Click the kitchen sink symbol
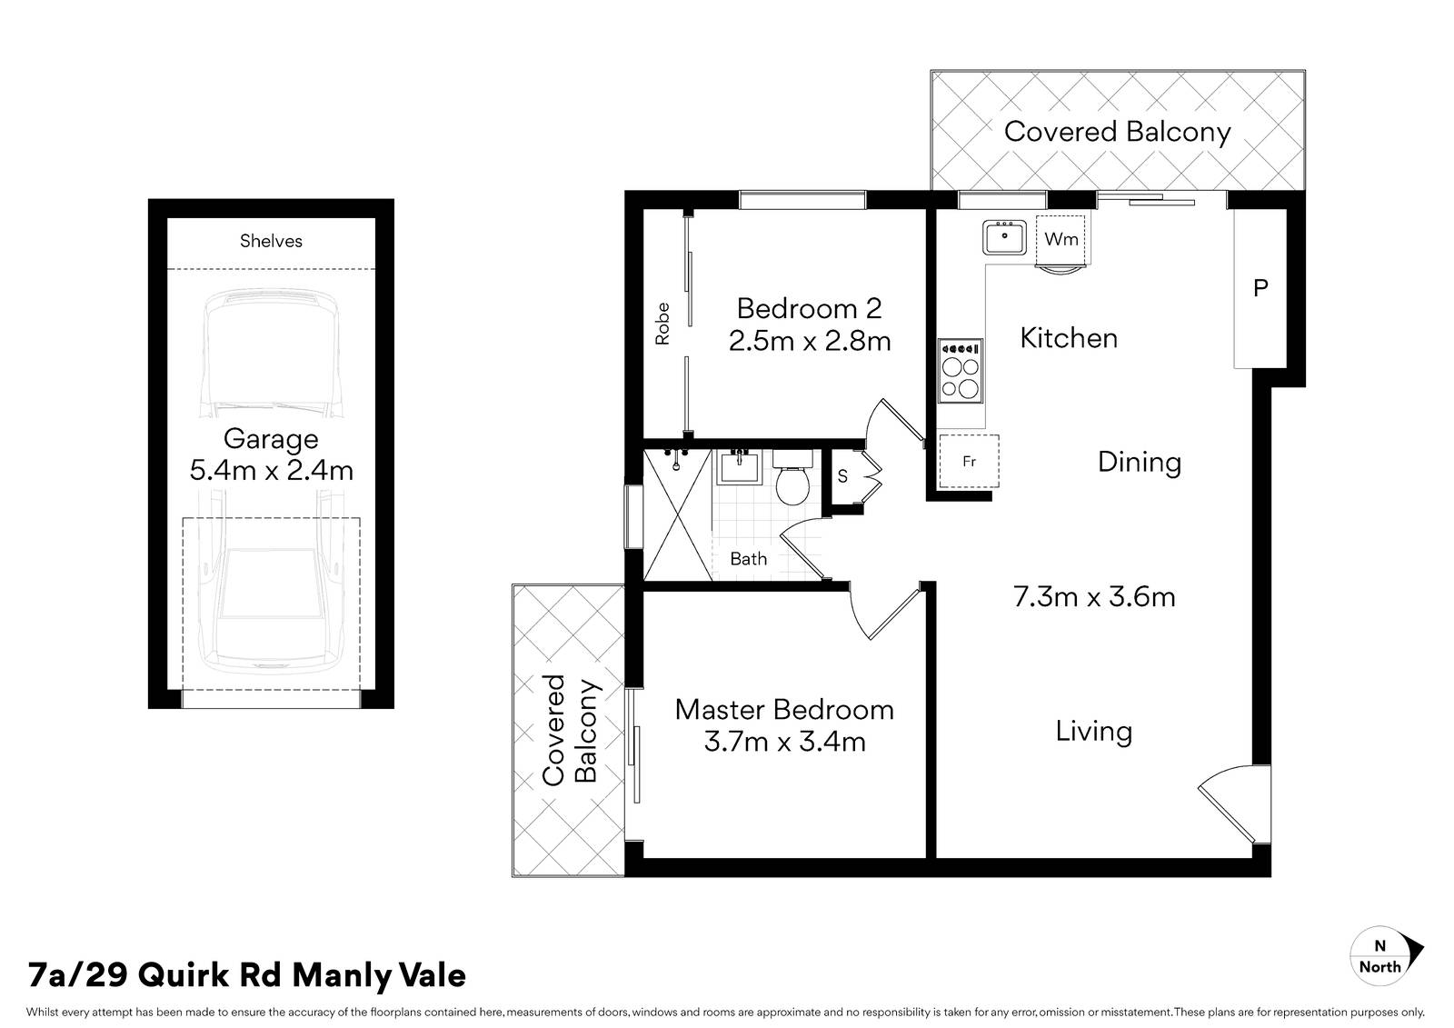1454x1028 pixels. coord(1003,237)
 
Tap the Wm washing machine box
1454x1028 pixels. coord(1061,239)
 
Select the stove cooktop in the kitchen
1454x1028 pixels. coord(961,371)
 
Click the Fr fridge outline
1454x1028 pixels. coord(969,461)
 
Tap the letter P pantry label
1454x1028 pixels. coord(1260,288)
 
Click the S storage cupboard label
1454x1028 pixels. coord(842,475)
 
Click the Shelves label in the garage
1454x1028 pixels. coord(271,241)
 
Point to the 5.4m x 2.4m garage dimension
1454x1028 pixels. coord(271,471)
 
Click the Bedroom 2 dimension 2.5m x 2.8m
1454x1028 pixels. coord(809,341)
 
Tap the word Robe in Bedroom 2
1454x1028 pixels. coord(662,324)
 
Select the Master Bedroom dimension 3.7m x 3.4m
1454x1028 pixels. coord(784,742)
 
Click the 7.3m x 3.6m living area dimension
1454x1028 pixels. coord(1094,597)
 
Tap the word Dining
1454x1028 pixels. coord(1140,462)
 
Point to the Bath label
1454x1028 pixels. coord(748,559)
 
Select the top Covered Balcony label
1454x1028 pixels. coord(1117,132)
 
